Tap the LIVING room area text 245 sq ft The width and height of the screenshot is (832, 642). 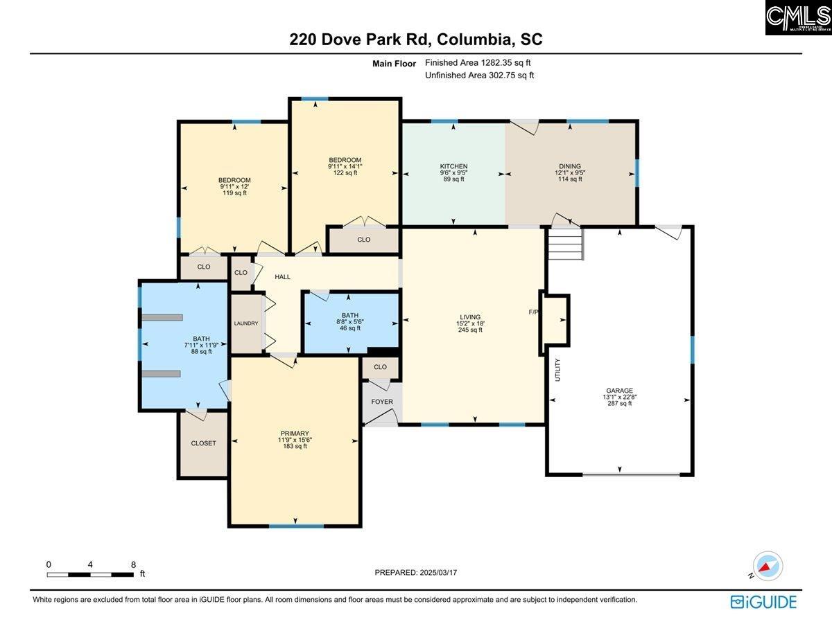click(x=469, y=330)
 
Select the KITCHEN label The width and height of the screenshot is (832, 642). click(x=453, y=166)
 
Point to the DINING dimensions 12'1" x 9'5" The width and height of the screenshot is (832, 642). click(x=570, y=172)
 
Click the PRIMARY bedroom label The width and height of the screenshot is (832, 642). click(x=295, y=434)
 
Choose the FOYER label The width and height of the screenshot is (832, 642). click(x=382, y=402)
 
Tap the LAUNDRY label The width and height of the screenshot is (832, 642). click(x=246, y=323)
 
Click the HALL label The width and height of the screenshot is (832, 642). click(x=282, y=277)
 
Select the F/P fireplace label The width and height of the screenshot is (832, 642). click(x=534, y=312)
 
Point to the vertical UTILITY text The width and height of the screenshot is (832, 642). click(x=557, y=369)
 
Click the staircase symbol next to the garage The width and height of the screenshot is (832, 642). click(x=565, y=244)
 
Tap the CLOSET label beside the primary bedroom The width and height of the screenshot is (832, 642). click(x=203, y=443)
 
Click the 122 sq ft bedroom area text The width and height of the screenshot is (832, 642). click(x=345, y=172)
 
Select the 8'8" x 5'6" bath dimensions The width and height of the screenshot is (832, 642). click(x=350, y=322)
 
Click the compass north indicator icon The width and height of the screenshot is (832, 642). click(x=767, y=566)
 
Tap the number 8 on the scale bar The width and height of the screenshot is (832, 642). click(x=133, y=564)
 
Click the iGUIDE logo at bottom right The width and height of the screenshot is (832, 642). click(x=763, y=602)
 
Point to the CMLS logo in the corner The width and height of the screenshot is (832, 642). click(x=798, y=17)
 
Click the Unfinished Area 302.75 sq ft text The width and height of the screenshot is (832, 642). click(x=479, y=75)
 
